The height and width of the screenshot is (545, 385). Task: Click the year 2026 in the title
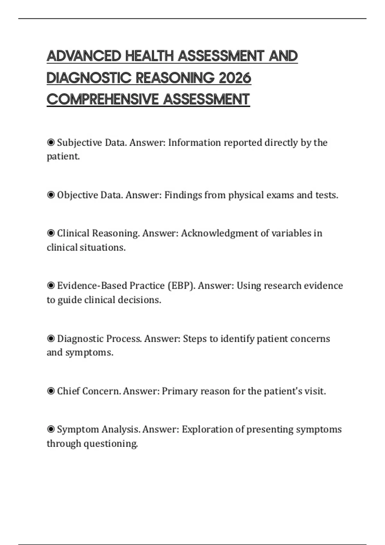pyautogui.click(x=235, y=78)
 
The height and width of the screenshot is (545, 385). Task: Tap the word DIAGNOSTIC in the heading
pyautogui.click(x=89, y=78)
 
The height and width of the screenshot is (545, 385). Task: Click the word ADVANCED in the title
pyautogui.click(x=84, y=56)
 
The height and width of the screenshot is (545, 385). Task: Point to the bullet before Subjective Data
pyautogui.click(x=51, y=142)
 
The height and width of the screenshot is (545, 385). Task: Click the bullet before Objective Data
pyautogui.click(x=51, y=195)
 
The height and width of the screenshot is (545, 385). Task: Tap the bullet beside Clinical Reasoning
pyautogui.click(x=51, y=233)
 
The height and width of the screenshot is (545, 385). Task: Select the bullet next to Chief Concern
pyautogui.click(x=51, y=391)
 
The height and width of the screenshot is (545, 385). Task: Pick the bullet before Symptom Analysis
pyautogui.click(x=51, y=429)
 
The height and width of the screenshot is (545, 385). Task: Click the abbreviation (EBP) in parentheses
pyautogui.click(x=181, y=286)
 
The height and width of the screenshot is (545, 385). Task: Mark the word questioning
pyautogui.click(x=111, y=444)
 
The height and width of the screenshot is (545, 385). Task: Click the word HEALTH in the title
pyautogui.click(x=150, y=56)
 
